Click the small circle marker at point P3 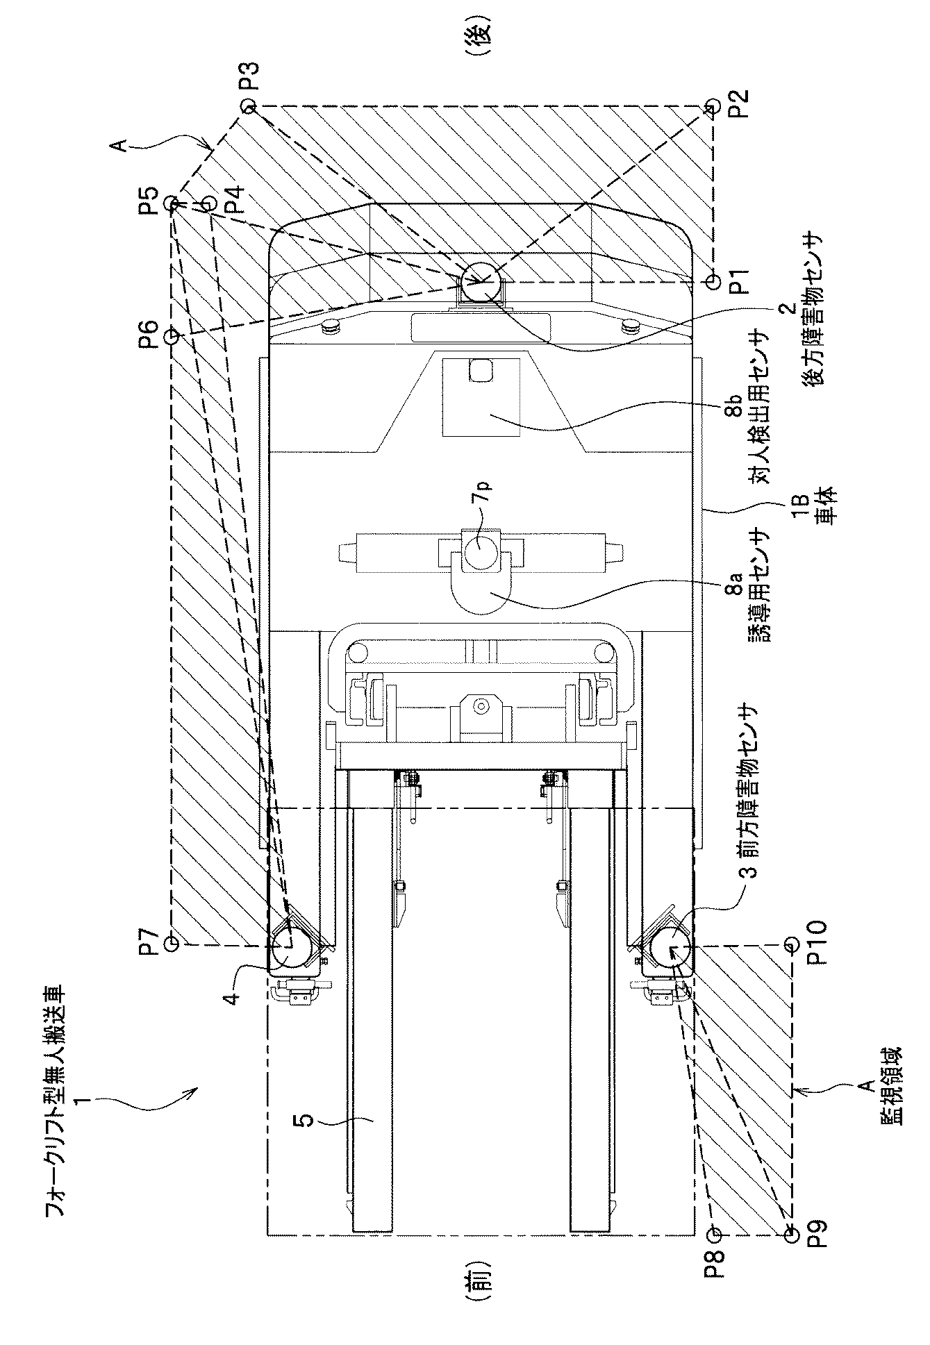[x=248, y=106]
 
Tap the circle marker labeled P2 [x=711, y=106]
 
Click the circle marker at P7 [x=172, y=942]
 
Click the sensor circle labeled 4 [x=290, y=945]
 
